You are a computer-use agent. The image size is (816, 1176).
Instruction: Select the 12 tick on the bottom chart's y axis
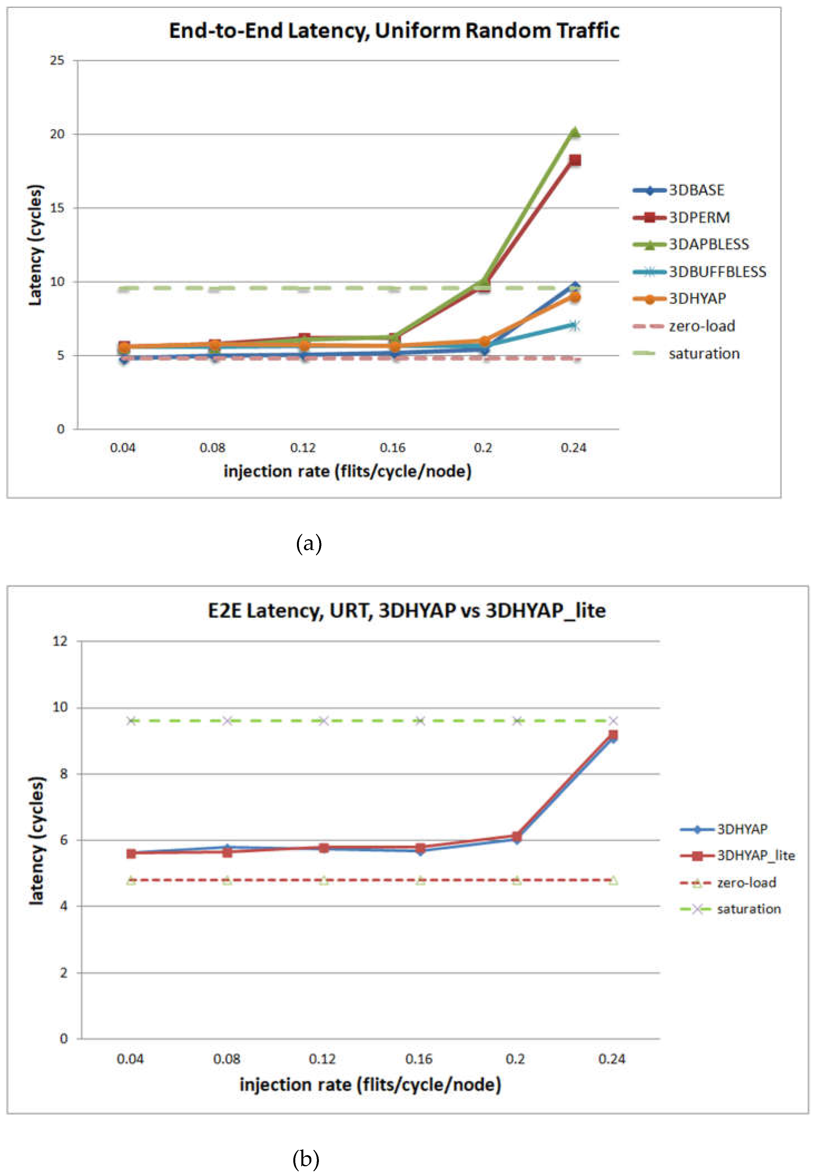[60, 641]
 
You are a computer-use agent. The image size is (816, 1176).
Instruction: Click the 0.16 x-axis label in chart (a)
[393, 448]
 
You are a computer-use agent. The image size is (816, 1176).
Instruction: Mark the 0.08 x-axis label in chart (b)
[227, 1059]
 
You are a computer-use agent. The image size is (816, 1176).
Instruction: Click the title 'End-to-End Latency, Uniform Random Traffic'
[394, 31]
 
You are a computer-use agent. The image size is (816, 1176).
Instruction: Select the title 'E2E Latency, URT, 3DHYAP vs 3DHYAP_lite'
[406, 610]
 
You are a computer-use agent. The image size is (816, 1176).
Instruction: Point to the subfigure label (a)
[309, 543]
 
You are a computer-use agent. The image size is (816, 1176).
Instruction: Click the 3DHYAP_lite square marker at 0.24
[613, 735]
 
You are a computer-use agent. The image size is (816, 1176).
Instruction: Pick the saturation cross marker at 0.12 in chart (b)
[323, 721]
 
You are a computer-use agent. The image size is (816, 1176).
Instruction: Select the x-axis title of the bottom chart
[370, 1084]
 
